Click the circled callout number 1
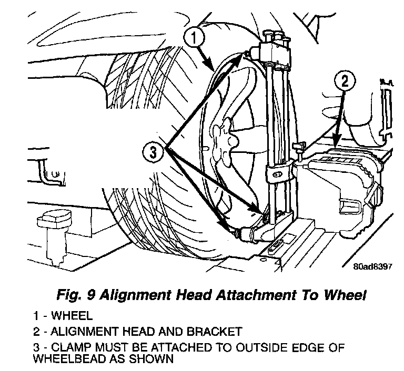click(195, 37)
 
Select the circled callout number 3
click(153, 152)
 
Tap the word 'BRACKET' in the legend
click(214, 332)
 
